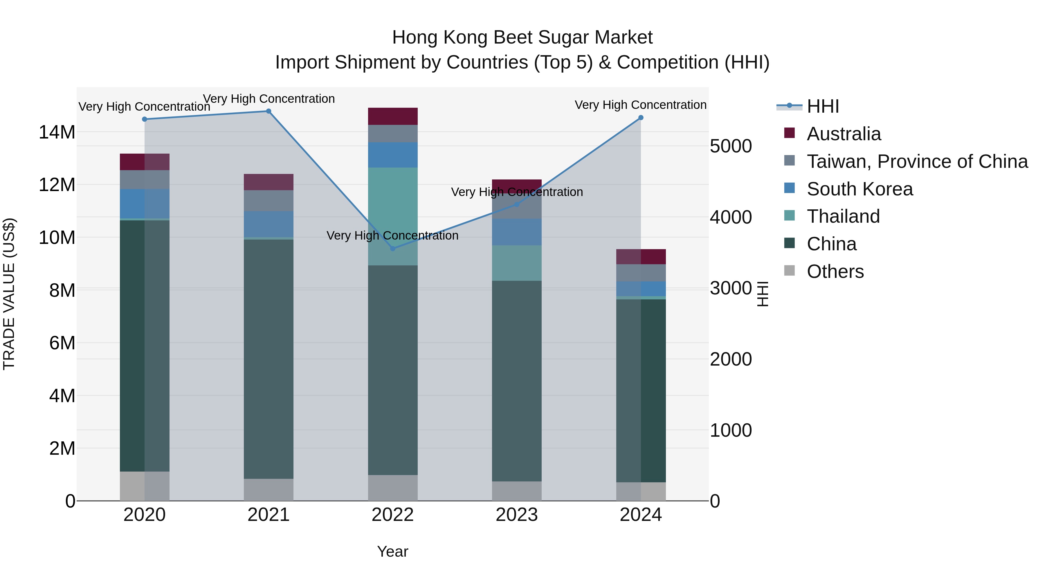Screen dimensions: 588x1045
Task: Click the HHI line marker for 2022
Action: [392, 248]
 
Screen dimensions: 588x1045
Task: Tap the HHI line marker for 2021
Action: [268, 111]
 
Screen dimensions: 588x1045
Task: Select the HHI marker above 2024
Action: [641, 118]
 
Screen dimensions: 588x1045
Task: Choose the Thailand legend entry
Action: [843, 216]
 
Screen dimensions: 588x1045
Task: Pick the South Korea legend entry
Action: [859, 189]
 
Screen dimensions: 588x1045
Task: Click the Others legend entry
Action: [835, 271]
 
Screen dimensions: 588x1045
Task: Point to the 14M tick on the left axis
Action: [57, 132]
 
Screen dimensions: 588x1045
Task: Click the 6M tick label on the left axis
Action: [62, 343]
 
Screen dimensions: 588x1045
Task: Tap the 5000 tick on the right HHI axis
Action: [731, 147]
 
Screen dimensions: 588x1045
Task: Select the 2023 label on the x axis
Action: [516, 515]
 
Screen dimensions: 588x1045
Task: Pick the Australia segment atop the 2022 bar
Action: [392, 116]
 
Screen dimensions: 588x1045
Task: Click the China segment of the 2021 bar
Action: [268, 359]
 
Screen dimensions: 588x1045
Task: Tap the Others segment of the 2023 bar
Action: [516, 491]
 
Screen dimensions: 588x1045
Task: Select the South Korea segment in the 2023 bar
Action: [516, 232]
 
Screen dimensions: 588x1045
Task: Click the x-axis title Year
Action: [392, 551]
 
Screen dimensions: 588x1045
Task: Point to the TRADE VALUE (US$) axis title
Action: [9, 294]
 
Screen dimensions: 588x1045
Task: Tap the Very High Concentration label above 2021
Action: [269, 99]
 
